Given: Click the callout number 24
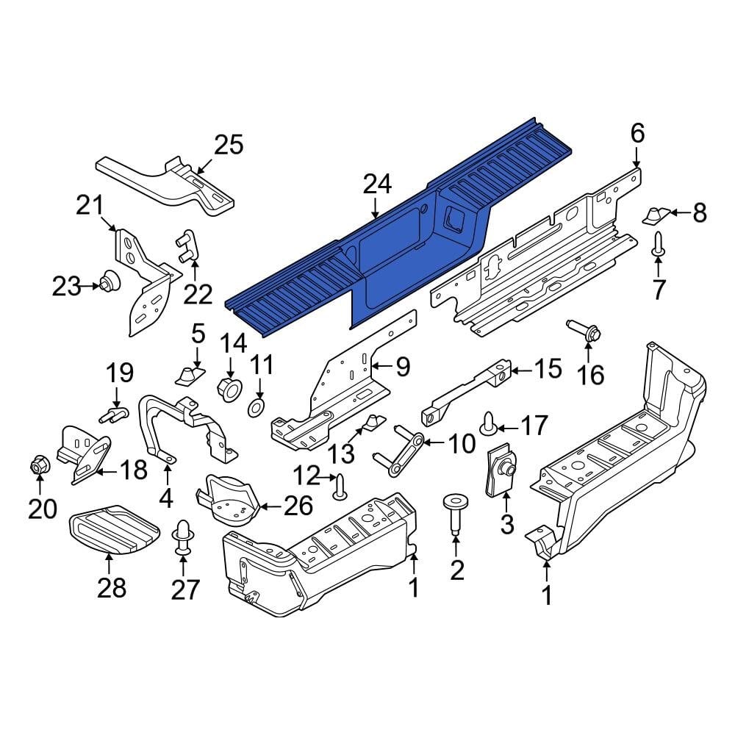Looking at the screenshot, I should (x=377, y=184).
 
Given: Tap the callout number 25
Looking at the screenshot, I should (x=227, y=145).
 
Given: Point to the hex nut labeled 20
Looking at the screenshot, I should (x=39, y=465).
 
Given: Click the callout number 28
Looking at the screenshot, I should (x=112, y=588).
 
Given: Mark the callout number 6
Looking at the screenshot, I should (x=637, y=133).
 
